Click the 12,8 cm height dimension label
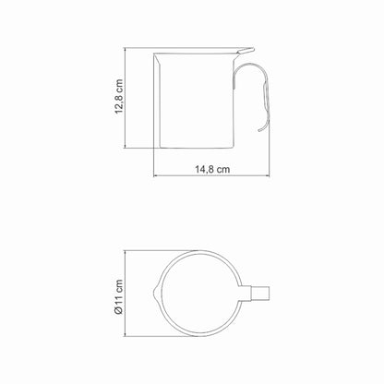(119, 97)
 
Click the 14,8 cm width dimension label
(212, 169)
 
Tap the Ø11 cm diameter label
(119, 296)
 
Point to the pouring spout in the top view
(155, 294)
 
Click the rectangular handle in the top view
(256, 294)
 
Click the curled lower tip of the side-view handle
(261, 129)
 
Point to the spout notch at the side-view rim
(158, 61)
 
